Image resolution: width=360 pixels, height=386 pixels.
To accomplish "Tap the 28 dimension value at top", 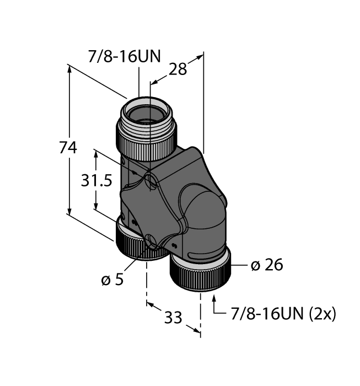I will point(178,69).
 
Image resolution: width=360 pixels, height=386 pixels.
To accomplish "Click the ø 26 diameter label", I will point(266,265).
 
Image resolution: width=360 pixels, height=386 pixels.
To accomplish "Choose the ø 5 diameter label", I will point(112,279).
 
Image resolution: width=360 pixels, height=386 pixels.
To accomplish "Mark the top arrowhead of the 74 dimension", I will point(70,68).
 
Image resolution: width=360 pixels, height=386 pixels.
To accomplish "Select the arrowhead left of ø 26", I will point(235,265).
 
